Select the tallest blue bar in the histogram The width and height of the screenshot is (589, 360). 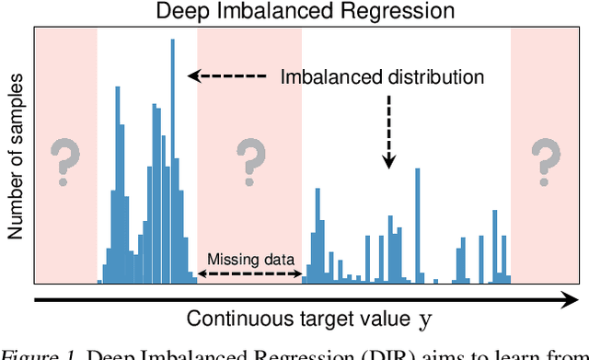(x=172, y=157)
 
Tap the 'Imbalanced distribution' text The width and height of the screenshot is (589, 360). (x=382, y=77)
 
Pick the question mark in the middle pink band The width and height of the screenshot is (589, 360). (x=249, y=161)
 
